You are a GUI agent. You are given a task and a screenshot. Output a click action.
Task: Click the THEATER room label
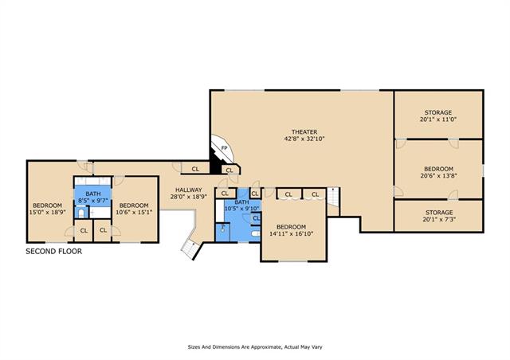tap(304, 132)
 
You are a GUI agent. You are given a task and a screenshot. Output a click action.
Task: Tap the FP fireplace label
tap(224, 148)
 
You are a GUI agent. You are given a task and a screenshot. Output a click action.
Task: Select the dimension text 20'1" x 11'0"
tap(438, 119)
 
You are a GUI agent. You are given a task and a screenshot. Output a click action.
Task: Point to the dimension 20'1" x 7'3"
tap(439, 220)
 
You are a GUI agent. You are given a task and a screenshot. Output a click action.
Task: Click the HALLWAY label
tap(189, 190)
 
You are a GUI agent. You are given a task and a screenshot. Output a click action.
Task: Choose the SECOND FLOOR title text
tap(54, 252)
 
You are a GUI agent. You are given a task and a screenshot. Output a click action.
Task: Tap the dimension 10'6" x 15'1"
tap(134, 212)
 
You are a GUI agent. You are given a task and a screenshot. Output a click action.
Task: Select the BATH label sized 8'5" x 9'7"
tap(93, 194)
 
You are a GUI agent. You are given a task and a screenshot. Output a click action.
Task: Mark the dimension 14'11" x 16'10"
tap(291, 233)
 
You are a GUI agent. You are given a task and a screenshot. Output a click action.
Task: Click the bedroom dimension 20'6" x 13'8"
tap(438, 176)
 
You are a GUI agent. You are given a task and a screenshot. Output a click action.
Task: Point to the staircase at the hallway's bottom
tap(190, 248)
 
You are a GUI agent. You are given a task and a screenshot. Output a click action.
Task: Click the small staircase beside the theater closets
tap(333, 197)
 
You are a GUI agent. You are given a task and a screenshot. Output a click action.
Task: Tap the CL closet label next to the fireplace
tap(229, 170)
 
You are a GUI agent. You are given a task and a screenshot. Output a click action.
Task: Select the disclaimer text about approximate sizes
tap(255, 347)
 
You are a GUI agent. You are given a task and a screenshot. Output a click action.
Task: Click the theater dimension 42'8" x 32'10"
tap(304, 139)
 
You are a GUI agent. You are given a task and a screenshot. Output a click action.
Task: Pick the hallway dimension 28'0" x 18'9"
tap(189, 197)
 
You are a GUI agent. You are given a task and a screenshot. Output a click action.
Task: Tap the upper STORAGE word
tap(438, 113)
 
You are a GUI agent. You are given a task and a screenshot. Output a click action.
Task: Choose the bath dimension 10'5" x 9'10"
tap(241, 209)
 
